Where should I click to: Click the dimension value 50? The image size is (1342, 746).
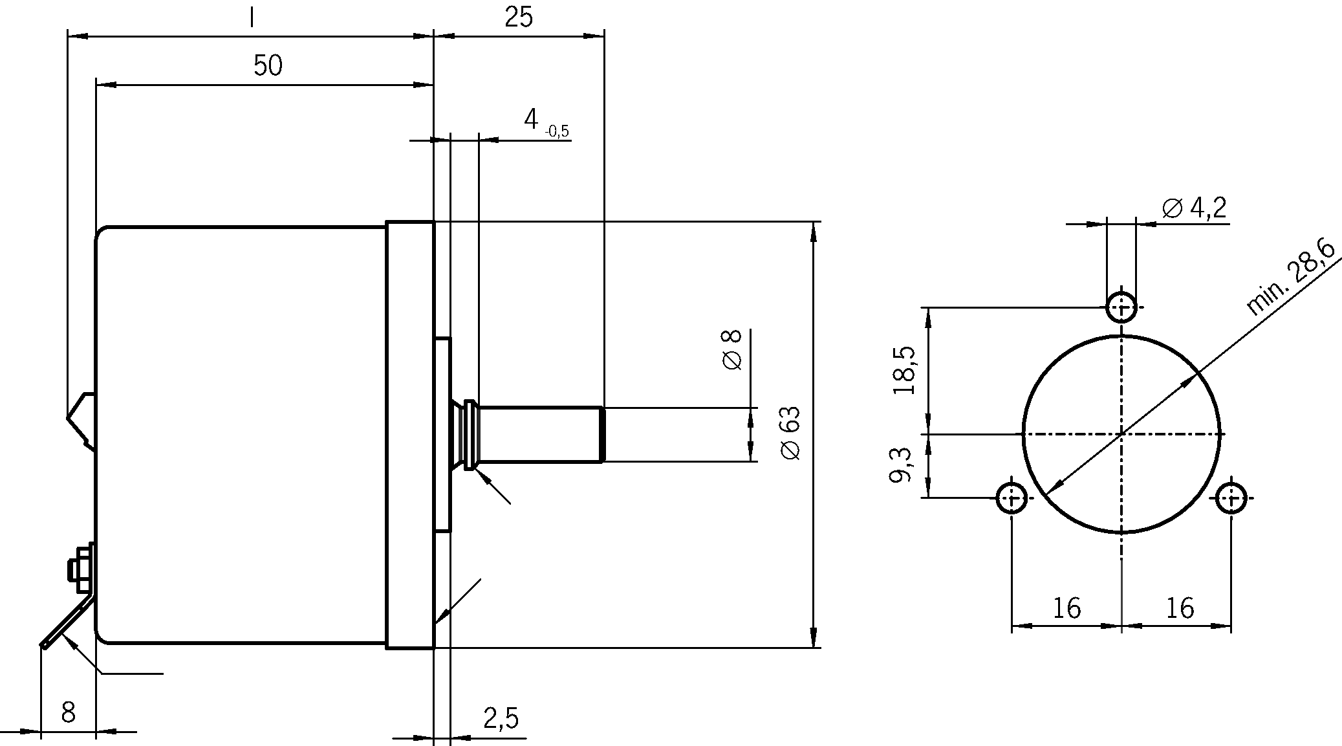coord(268,66)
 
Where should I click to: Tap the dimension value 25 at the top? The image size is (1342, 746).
coord(518,17)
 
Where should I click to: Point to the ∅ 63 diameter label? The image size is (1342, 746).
coord(790,433)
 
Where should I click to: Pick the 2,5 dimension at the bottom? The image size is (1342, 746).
coord(501,718)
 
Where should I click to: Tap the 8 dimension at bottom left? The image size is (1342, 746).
coord(68,712)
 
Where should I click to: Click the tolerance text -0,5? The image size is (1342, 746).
coord(556,132)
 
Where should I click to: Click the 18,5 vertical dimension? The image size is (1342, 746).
coord(904,370)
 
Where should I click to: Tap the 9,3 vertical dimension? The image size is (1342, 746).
coord(900,465)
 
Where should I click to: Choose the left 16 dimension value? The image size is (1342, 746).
coord(1066,608)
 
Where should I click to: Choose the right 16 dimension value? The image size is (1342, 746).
coord(1180,608)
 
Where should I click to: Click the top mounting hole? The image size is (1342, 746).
coord(1121,307)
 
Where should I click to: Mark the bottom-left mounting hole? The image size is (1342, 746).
coord(1012,498)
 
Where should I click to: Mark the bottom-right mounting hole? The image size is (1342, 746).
coord(1231,498)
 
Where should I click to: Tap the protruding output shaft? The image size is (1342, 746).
coord(540,434)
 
